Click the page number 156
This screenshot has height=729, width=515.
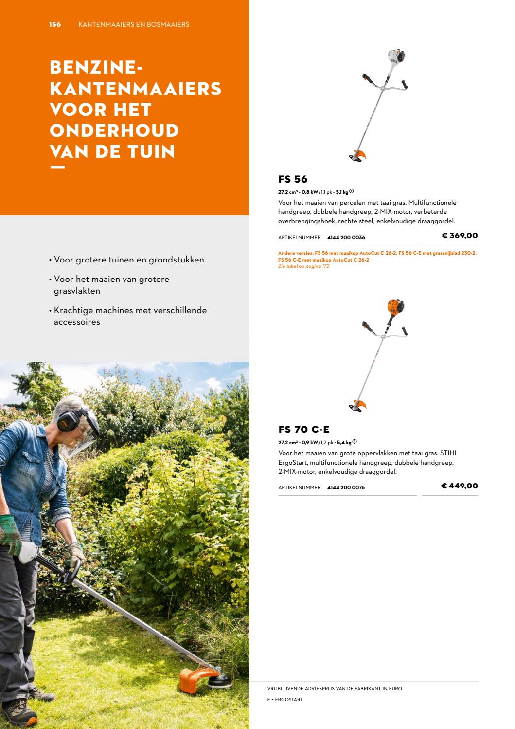pyautogui.click(x=55, y=24)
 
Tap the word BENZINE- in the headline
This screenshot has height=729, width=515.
pyautogui.click(x=96, y=67)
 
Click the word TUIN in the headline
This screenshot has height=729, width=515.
pyautogui.click(x=151, y=151)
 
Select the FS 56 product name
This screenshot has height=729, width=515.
pyautogui.click(x=293, y=179)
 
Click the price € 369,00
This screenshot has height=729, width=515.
pyautogui.click(x=460, y=236)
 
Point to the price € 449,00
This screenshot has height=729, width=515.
pyautogui.click(x=460, y=486)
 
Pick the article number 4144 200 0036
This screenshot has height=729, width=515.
pyautogui.click(x=346, y=238)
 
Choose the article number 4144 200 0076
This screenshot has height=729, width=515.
pyautogui.click(x=346, y=487)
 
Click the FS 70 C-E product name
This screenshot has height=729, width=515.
pyautogui.click(x=304, y=430)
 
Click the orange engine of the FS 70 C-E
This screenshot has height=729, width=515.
pyautogui.click(x=395, y=307)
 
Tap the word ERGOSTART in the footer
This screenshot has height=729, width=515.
pyautogui.click(x=289, y=700)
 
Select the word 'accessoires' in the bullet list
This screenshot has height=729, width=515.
pyautogui.click(x=77, y=322)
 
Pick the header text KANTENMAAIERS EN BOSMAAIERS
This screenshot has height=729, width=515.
pyautogui.click(x=134, y=24)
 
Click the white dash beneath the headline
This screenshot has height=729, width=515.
pyautogui.click(x=57, y=168)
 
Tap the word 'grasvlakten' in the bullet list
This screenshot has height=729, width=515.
pyautogui.click(x=77, y=291)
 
